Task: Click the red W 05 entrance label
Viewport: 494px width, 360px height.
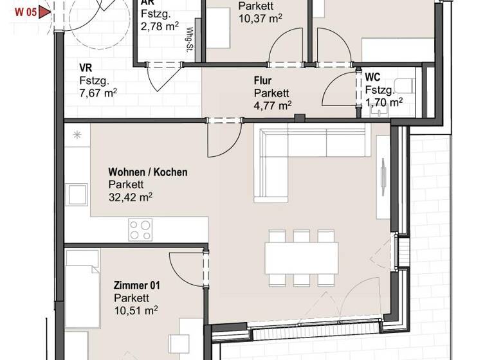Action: point(18,11)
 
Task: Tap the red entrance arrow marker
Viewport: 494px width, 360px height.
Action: point(44,11)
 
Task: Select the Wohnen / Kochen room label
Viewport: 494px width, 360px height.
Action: point(148,172)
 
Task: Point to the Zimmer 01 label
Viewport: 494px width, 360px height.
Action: point(136,285)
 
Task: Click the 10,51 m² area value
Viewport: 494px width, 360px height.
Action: point(136,310)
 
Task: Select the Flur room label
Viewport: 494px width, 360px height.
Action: point(263,80)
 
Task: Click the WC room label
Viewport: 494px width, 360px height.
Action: point(372,77)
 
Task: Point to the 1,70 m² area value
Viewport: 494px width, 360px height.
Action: point(384,101)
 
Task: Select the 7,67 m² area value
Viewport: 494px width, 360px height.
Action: point(98,93)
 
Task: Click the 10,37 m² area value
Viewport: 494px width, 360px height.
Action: point(261,19)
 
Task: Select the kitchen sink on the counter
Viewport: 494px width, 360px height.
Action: point(78,194)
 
